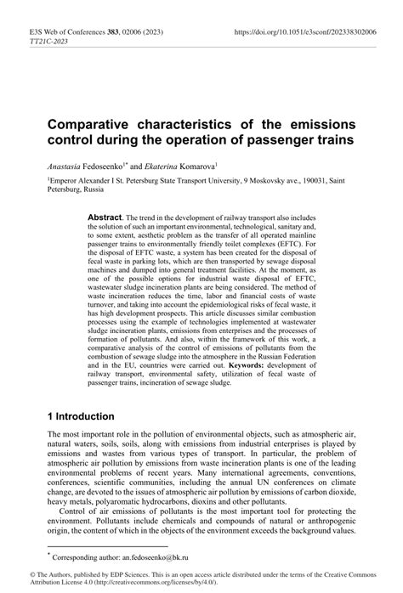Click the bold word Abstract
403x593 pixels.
click(105, 218)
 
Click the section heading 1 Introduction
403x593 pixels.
click(82, 416)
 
